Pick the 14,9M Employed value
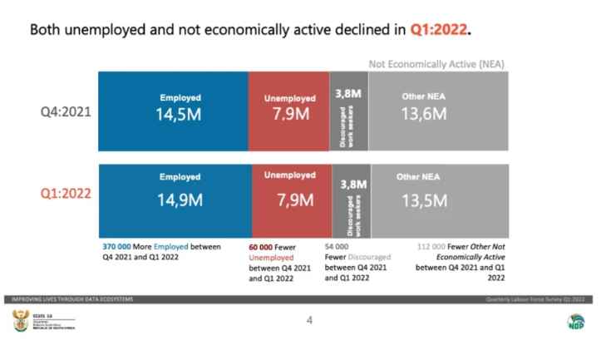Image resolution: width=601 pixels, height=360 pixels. [180, 200]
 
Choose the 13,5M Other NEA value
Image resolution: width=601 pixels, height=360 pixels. [424, 200]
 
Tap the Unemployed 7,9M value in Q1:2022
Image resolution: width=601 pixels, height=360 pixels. [293, 200]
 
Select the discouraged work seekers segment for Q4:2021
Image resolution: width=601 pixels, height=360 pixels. [348, 112]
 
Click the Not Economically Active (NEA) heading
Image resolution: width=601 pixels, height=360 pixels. [436, 63]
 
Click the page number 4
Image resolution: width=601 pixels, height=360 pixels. [308, 319]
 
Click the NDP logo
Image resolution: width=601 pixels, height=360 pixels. [575, 321]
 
